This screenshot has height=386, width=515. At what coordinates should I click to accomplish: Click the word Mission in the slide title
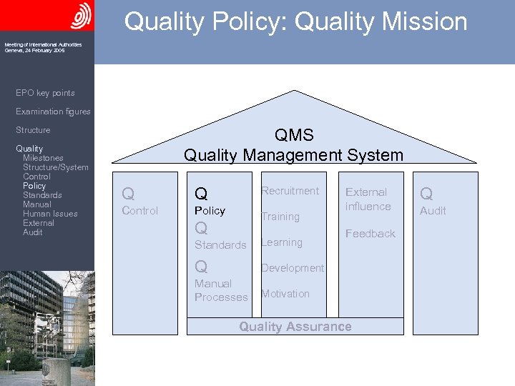click(425, 21)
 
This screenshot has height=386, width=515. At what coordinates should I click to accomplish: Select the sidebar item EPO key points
click(45, 93)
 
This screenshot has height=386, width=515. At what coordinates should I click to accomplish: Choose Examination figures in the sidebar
click(53, 112)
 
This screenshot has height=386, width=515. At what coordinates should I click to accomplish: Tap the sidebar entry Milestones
click(43, 158)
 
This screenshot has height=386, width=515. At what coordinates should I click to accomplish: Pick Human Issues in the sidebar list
click(50, 214)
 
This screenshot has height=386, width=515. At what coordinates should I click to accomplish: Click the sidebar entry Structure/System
click(55, 167)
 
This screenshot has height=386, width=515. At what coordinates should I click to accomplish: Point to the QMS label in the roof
click(293, 136)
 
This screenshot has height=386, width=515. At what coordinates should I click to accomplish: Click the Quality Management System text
click(293, 155)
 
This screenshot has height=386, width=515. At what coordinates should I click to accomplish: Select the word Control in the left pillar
click(140, 211)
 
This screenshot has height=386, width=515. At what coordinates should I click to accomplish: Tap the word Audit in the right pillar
click(433, 211)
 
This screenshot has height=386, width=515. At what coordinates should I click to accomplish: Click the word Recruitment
click(290, 191)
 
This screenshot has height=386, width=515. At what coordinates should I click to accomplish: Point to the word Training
click(280, 217)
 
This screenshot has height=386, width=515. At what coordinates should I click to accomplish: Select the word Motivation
click(285, 294)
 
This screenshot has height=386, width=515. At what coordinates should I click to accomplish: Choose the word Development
click(292, 268)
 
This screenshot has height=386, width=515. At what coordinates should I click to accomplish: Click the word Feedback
click(370, 234)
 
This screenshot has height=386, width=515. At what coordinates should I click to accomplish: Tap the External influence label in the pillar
click(368, 199)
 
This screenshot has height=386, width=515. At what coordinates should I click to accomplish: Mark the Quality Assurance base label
click(295, 327)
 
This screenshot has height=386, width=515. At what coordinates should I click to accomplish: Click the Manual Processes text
click(220, 290)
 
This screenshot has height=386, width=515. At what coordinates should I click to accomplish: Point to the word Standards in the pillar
click(220, 245)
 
